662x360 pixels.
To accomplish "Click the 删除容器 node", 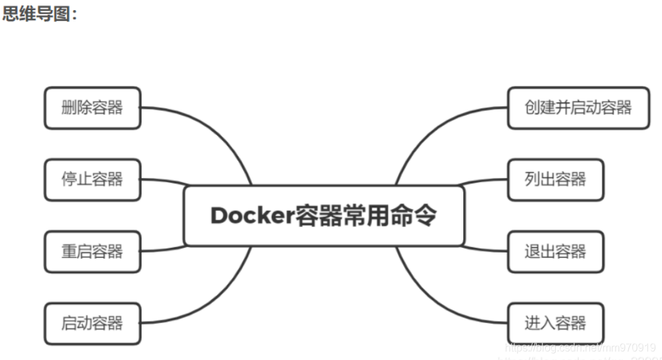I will pos(93,107).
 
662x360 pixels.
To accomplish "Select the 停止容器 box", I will pos(93,179).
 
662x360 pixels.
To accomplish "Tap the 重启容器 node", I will pos(93,252).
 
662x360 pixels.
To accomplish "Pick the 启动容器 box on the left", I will pos(93,324).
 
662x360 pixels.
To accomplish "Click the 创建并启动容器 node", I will pos(578,107).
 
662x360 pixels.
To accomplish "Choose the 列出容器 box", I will pos(555,179).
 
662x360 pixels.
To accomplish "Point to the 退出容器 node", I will pos(555,252).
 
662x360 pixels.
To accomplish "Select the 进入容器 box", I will pos(555,324).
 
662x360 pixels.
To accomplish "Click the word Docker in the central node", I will pos(252,216).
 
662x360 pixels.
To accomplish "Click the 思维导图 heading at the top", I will pos(40,14).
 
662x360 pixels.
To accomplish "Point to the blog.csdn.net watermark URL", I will pos(580,348).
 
